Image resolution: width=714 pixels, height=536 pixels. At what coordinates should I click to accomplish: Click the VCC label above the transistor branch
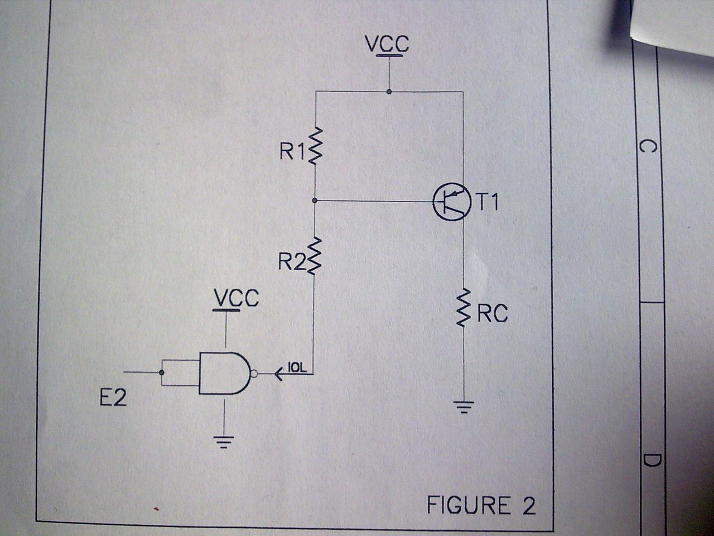(x=387, y=44)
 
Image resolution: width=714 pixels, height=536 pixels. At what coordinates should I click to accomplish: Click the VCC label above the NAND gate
(x=237, y=298)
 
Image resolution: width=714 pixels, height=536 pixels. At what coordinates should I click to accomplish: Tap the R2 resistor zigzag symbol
(x=315, y=256)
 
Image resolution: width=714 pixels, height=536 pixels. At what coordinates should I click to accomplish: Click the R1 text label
(x=292, y=151)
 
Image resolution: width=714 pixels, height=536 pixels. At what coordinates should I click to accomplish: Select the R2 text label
(x=292, y=261)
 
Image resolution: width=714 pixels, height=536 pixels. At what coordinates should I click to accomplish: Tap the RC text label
(x=493, y=314)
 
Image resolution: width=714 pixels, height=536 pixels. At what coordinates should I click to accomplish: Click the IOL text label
(x=296, y=367)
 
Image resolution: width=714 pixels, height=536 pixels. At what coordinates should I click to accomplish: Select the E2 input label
(x=113, y=398)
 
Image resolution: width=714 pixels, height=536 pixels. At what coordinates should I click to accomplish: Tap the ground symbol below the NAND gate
(x=224, y=442)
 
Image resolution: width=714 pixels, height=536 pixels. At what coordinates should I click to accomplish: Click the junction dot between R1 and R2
(x=315, y=200)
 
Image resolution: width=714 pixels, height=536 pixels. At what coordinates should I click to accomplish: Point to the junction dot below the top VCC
(x=389, y=92)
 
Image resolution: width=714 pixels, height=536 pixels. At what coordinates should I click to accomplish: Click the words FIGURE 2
(x=481, y=505)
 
